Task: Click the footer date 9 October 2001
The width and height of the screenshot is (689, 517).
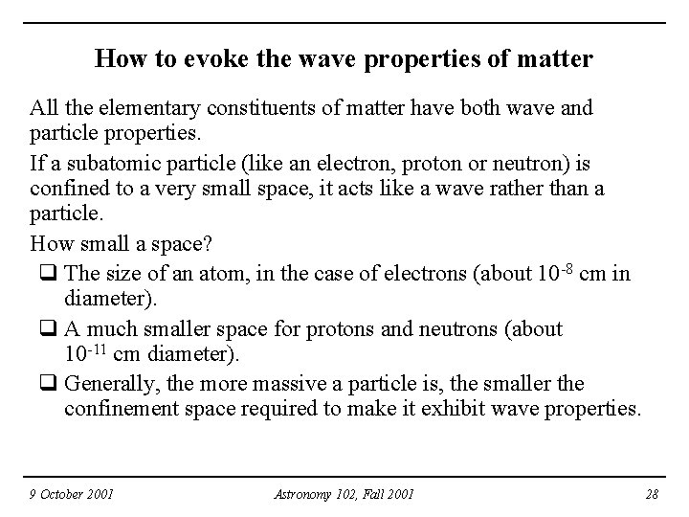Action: click(73, 494)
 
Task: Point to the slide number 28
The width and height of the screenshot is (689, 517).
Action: click(652, 494)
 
